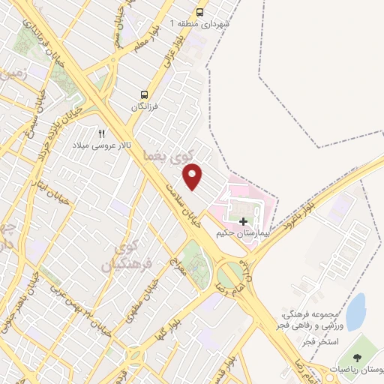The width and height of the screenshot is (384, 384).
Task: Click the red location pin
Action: (193, 175)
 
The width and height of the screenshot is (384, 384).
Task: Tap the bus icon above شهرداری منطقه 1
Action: (199, 12)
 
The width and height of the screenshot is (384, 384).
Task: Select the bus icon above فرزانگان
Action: (143, 94)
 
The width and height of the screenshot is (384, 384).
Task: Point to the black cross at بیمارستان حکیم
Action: (243, 221)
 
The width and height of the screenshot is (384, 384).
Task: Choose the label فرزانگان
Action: (147, 106)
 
